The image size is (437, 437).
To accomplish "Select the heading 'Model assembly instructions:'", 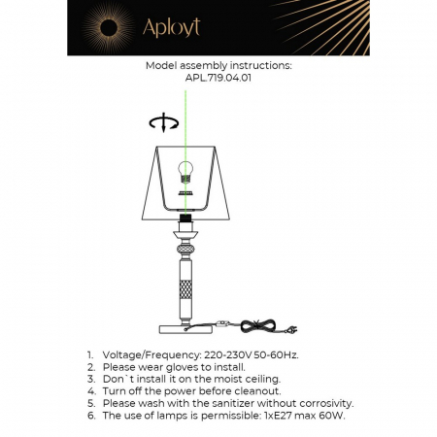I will point(218,66).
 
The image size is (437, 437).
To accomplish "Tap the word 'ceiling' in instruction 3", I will point(257,379).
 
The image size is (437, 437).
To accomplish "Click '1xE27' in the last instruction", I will point(289,415).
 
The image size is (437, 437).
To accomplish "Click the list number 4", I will point(90,390).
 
